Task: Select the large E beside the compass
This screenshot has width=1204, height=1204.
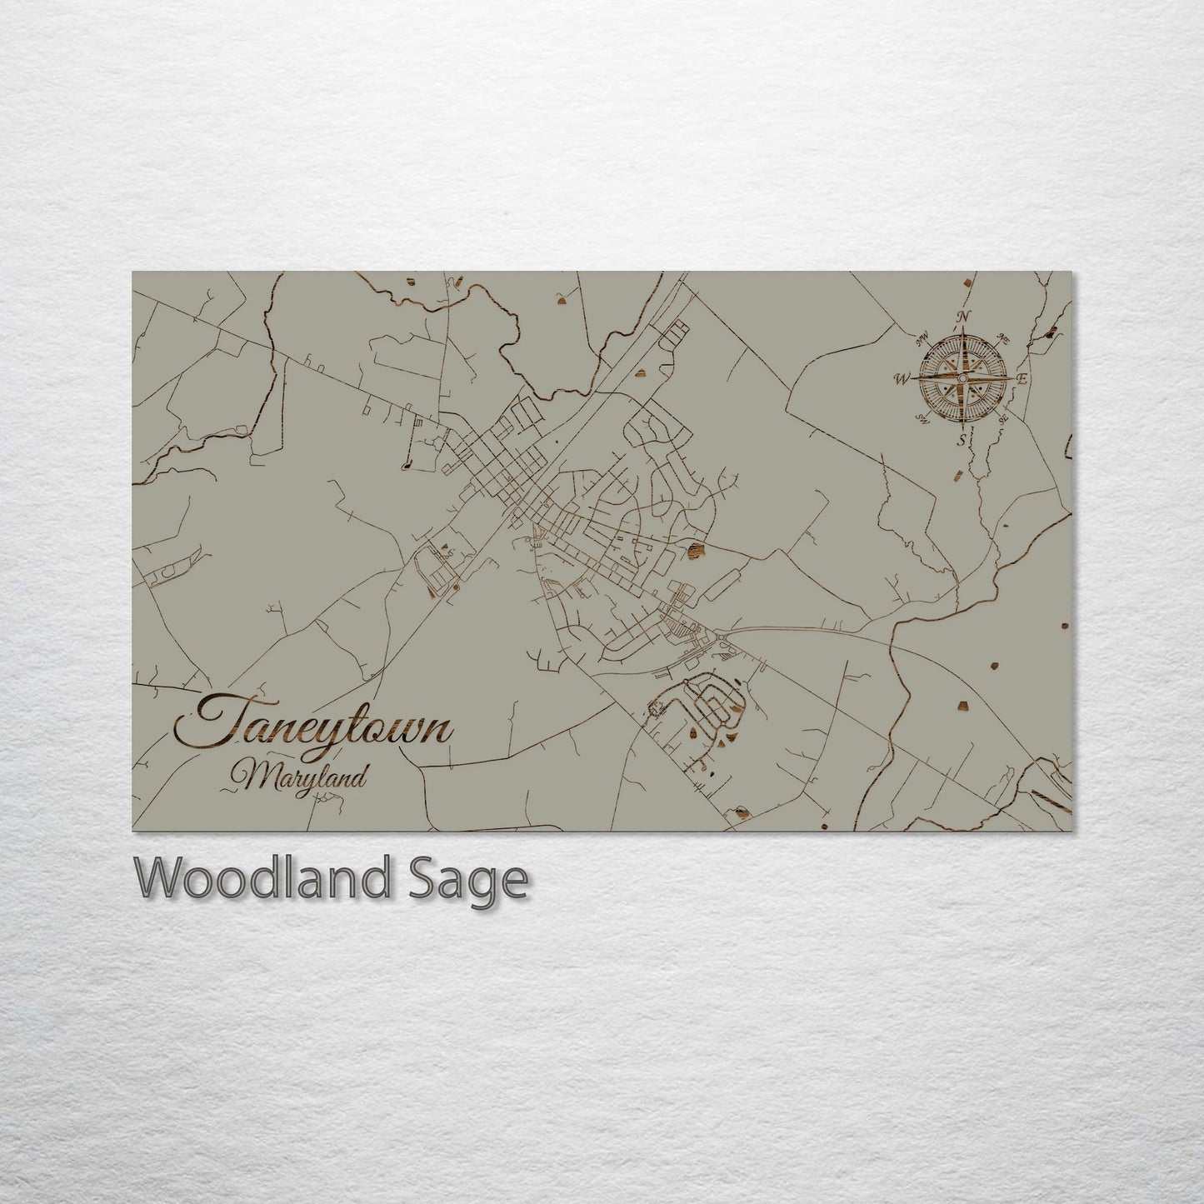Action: click(1022, 379)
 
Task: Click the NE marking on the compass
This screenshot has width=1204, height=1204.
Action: click(1003, 339)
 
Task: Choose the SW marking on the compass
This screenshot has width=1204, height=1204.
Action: click(922, 417)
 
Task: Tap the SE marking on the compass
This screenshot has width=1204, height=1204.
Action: click(1003, 418)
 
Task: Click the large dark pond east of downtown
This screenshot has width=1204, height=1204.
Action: click(696, 549)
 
